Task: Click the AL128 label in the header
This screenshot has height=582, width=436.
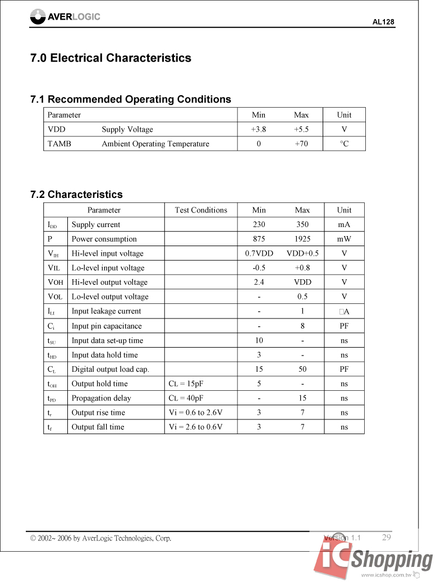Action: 383,22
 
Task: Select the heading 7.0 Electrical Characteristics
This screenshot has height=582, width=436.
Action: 111,58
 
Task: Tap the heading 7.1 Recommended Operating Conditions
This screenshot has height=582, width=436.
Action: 131,100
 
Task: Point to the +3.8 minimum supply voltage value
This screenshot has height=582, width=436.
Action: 259,130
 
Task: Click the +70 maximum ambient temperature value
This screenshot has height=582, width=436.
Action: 301,144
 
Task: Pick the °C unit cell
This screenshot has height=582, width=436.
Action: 344,144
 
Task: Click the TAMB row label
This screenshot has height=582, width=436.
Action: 59,144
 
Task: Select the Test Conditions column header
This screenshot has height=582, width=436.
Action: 201,210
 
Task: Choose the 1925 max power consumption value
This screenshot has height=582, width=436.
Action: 302,239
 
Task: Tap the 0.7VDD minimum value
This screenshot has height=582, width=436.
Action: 259,253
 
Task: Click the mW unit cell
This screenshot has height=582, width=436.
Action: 344,239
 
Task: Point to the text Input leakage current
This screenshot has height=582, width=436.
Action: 106,311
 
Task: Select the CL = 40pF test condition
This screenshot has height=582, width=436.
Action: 186,398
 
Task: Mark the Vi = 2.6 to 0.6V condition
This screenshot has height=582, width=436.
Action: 195,427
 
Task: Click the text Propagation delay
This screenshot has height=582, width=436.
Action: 101,398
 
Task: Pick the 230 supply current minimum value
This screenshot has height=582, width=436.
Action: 259,225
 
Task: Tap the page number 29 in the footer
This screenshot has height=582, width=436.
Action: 386,537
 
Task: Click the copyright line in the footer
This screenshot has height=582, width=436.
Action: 100,538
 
